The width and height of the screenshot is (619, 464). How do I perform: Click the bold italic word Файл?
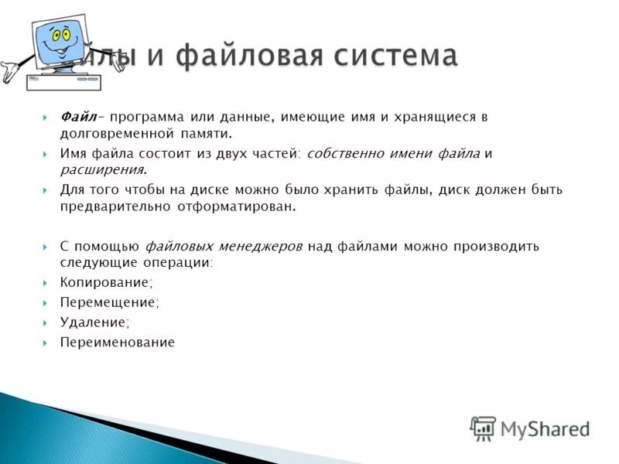[77, 117]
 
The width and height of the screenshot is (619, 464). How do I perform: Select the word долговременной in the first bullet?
[112, 133]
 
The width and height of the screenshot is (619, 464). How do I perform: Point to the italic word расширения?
[101, 169]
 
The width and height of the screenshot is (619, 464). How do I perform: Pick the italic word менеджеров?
[260, 247]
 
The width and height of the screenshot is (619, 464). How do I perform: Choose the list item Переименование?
[118, 342]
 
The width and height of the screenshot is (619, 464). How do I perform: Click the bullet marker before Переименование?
[45, 342]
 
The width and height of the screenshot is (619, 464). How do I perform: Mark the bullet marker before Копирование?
[45, 283]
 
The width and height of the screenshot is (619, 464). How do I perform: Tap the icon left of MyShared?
[483, 428]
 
